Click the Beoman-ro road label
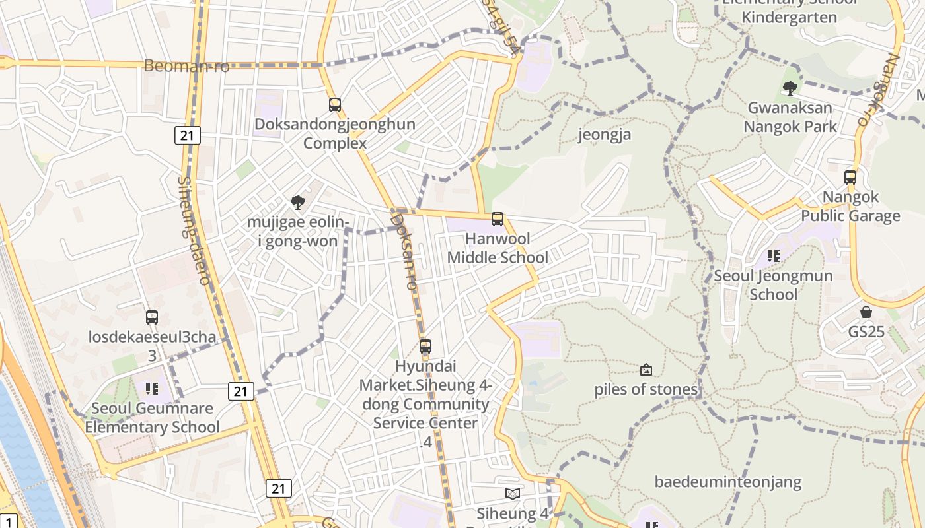(x=187, y=66)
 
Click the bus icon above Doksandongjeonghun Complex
(x=335, y=104)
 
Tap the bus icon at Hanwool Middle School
(x=498, y=218)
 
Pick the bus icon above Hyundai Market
(x=425, y=346)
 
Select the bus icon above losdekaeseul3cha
(x=152, y=317)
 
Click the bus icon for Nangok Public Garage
(x=850, y=177)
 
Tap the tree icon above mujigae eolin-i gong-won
(x=298, y=202)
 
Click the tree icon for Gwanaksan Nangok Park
(x=790, y=88)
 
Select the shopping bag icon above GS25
(x=866, y=312)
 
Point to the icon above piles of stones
(x=646, y=370)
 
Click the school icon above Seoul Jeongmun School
(x=773, y=255)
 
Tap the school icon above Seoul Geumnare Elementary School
(x=152, y=389)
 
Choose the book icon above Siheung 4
(x=512, y=493)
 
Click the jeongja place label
(x=605, y=135)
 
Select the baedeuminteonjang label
(x=728, y=482)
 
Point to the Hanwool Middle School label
(x=498, y=247)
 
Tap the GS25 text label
(x=866, y=331)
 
